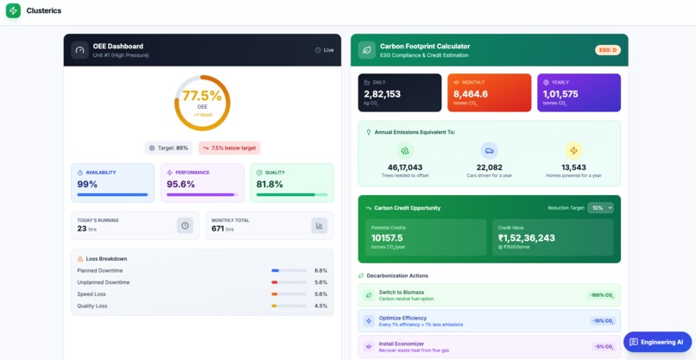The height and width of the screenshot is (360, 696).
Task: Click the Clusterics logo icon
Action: point(13,11)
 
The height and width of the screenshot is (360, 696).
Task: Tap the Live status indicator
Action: point(324,50)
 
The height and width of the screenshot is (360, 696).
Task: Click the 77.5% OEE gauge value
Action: point(202,96)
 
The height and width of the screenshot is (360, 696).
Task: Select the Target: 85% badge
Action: point(168,148)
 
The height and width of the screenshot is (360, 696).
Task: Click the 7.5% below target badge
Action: point(229,148)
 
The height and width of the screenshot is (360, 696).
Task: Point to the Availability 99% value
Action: point(87,185)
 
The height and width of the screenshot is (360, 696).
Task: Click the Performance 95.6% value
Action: point(180,185)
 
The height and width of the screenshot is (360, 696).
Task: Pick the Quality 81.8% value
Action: point(269,185)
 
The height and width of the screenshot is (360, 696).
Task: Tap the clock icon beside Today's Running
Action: point(185,225)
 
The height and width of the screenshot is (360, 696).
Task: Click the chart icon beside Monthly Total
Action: point(320,225)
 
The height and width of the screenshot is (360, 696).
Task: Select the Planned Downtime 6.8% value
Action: point(320,270)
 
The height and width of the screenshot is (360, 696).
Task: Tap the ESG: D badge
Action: point(607,50)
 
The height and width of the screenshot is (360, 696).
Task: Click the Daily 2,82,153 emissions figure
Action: point(382,94)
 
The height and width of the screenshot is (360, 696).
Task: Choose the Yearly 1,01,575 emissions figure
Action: point(560,94)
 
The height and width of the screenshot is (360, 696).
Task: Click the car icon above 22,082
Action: point(490,150)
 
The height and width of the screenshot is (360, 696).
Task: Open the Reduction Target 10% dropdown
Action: point(600,207)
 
